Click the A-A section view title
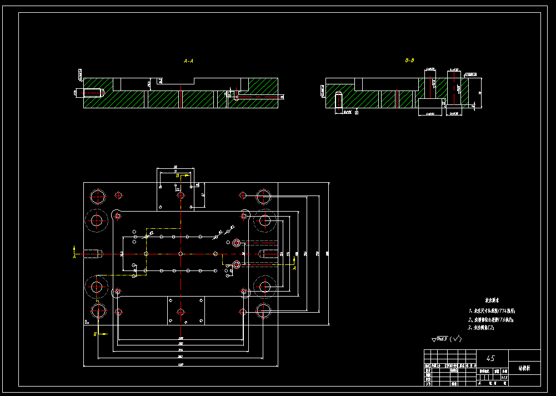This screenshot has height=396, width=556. click(188, 61)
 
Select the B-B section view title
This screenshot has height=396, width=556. click(409, 60)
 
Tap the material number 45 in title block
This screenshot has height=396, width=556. click(490, 358)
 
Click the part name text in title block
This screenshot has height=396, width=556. click(524, 368)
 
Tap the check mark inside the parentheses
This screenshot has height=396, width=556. click(456, 338)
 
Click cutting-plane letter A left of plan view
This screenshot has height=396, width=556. click(74, 257)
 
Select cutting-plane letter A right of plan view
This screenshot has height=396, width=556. click(294, 268)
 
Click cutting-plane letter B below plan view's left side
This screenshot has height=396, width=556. click(95, 334)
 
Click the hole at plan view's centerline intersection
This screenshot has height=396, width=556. click(181, 253)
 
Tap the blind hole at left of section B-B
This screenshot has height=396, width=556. click(338, 101)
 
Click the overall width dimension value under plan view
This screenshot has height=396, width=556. click(181, 364)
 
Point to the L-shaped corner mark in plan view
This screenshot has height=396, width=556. click(87, 321)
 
